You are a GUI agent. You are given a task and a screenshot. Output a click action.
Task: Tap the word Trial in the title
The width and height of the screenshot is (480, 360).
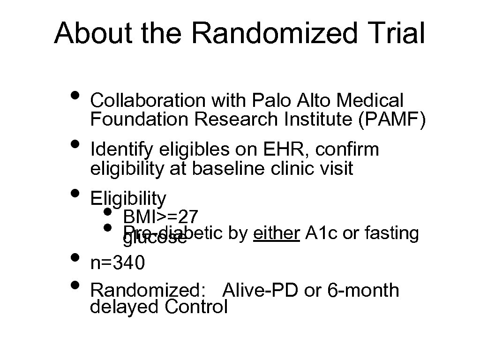(x=397, y=34)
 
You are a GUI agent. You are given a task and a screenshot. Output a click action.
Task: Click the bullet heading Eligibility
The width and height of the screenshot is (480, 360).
(x=128, y=199)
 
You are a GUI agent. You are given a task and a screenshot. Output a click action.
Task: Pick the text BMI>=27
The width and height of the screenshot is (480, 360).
(x=161, y=217)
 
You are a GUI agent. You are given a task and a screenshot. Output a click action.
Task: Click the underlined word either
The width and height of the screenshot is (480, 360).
(x=276, y=233)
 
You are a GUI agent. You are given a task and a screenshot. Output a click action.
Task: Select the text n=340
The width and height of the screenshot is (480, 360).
(x=118, y=263)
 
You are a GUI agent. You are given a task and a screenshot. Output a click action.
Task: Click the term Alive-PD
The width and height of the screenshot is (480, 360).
(x=260, y=291)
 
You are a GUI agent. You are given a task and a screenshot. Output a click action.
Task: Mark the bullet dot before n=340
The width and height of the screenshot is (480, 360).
(x=74, y=257)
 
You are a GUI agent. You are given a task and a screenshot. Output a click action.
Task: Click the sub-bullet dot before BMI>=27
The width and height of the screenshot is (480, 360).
(x=108, y=212)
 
